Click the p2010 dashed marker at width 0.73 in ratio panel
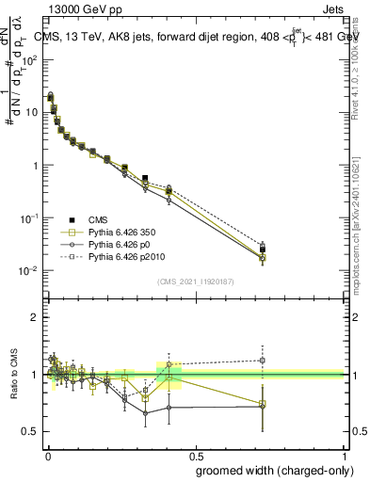[263, 360]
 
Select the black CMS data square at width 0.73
[263, 249]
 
